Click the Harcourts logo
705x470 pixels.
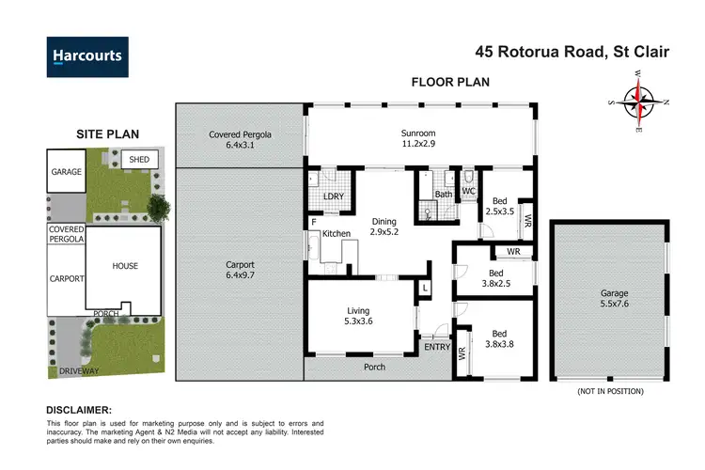pos(87,55)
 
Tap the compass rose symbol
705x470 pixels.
pos(638,100)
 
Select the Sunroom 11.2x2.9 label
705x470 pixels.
pos(419,140)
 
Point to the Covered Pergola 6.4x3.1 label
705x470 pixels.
pos(239,140)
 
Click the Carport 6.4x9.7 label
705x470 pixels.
pos(239,272)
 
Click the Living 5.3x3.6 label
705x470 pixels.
pos(357,317)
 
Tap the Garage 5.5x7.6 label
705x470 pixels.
pos(614,299)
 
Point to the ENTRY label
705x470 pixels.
pos(437,348)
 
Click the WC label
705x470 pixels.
pos(467,191)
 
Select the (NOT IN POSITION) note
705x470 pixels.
pos(611,390)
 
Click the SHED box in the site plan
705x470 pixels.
pos(139,160)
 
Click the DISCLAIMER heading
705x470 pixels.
pos(79,411)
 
